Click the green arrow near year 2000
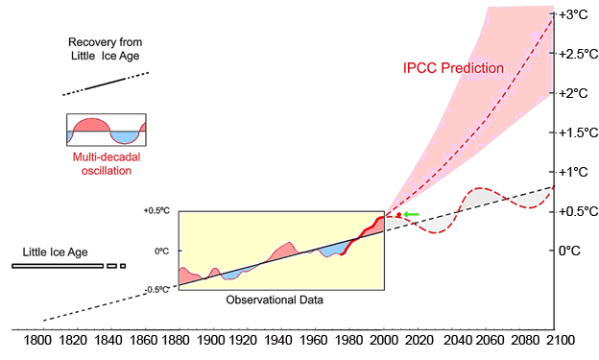(x=412, y=214)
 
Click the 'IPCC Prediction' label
(x=453, y=69)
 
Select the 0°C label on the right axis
(x=570, y=251)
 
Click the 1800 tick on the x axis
(x=38, y=341)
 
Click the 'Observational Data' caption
(x=275, y=300)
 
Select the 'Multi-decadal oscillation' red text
(x=102, y=164)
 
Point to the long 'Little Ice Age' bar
(x=57, y=265)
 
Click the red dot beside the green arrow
(x=398, y=215)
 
